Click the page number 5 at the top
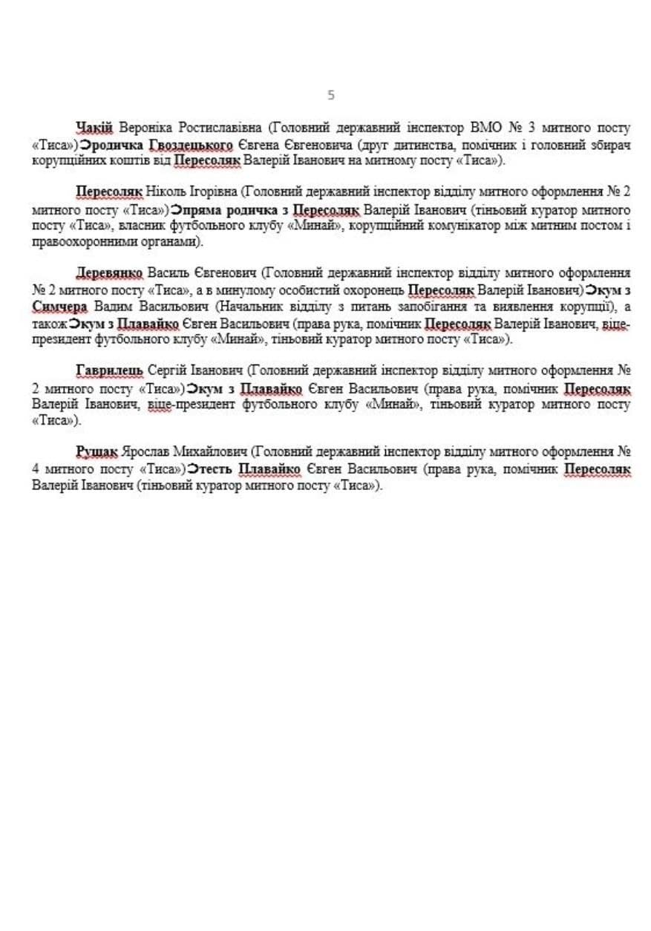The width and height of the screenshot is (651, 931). (x=331, y=95)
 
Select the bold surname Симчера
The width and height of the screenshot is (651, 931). (x=59, y=307)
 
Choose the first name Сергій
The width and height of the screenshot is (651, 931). (x=169, y=371)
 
